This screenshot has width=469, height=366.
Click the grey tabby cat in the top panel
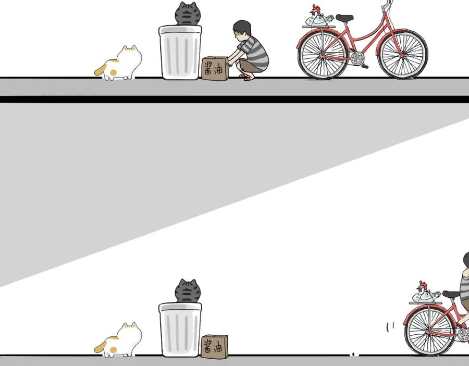pyautogui.click(x=188, y=14)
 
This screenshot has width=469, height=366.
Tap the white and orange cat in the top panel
pyautogui.click(x=120, y=64)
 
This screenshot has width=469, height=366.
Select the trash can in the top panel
pyautogui.click(x=180, y=53)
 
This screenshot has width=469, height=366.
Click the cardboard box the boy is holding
pyautogui.click(x=215, y=69)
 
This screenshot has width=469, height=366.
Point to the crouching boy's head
pyautogui.click(x=242, y=29)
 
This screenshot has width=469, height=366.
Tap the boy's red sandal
pyautogui.click(x=248, y=78)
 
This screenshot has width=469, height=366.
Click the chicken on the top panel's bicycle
pyautogui.click(x=319, y=17)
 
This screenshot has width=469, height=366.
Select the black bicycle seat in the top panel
pyautogui.click(x=344, y=18)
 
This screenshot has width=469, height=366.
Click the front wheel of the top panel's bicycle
pyautogui.click(x=403, y=54)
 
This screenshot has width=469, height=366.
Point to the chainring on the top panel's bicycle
pyautogui.click(x=357, y=58)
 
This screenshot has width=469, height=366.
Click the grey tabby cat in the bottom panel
pyautogui.click(x=188, y=291)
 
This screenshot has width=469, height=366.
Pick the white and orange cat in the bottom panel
pyautogui.click(x=120, y=341)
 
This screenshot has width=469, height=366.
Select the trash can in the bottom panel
pyautogui.click(x=180, y=330)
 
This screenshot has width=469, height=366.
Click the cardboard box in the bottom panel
pyautogui.click(x=215, y=347)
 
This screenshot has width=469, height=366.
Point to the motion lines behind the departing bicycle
pyautogui.click(x=390, y=326)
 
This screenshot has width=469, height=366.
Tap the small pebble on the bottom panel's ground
pyautogui.click(x=353, y=355)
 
